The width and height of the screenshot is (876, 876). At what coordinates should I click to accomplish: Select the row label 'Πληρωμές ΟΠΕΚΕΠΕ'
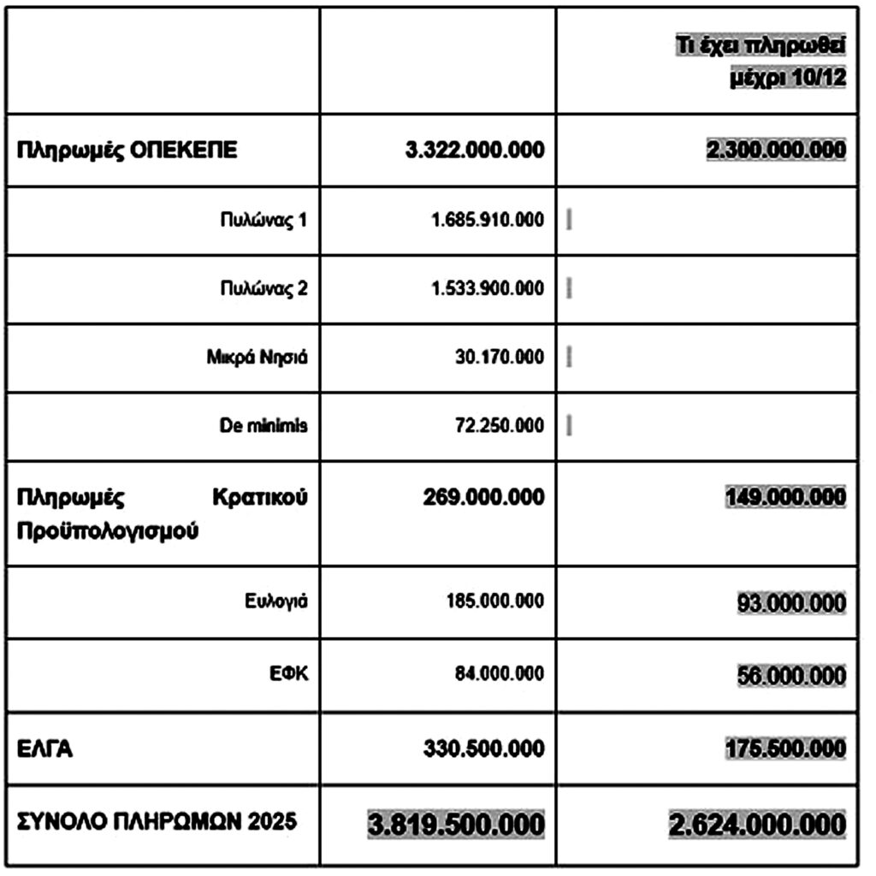127,151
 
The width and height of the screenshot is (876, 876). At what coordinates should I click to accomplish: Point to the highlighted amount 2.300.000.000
776,151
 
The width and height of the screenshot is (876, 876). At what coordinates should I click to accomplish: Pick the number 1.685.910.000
487,220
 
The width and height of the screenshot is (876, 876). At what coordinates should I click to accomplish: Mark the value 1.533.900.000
487,288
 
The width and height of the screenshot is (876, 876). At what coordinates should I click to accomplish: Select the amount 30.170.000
499,357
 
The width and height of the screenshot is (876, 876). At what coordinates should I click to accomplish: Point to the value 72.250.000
499,425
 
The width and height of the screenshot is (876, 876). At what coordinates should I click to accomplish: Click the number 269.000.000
483,497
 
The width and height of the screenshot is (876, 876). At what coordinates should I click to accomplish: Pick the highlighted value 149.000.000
785,497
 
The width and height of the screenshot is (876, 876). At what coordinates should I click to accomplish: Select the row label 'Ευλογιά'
275,601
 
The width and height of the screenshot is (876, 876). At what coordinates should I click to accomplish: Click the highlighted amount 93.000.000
791,602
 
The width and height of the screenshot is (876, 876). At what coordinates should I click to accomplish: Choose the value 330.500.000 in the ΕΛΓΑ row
483,749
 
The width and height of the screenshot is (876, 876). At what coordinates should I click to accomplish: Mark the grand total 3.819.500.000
456,826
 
